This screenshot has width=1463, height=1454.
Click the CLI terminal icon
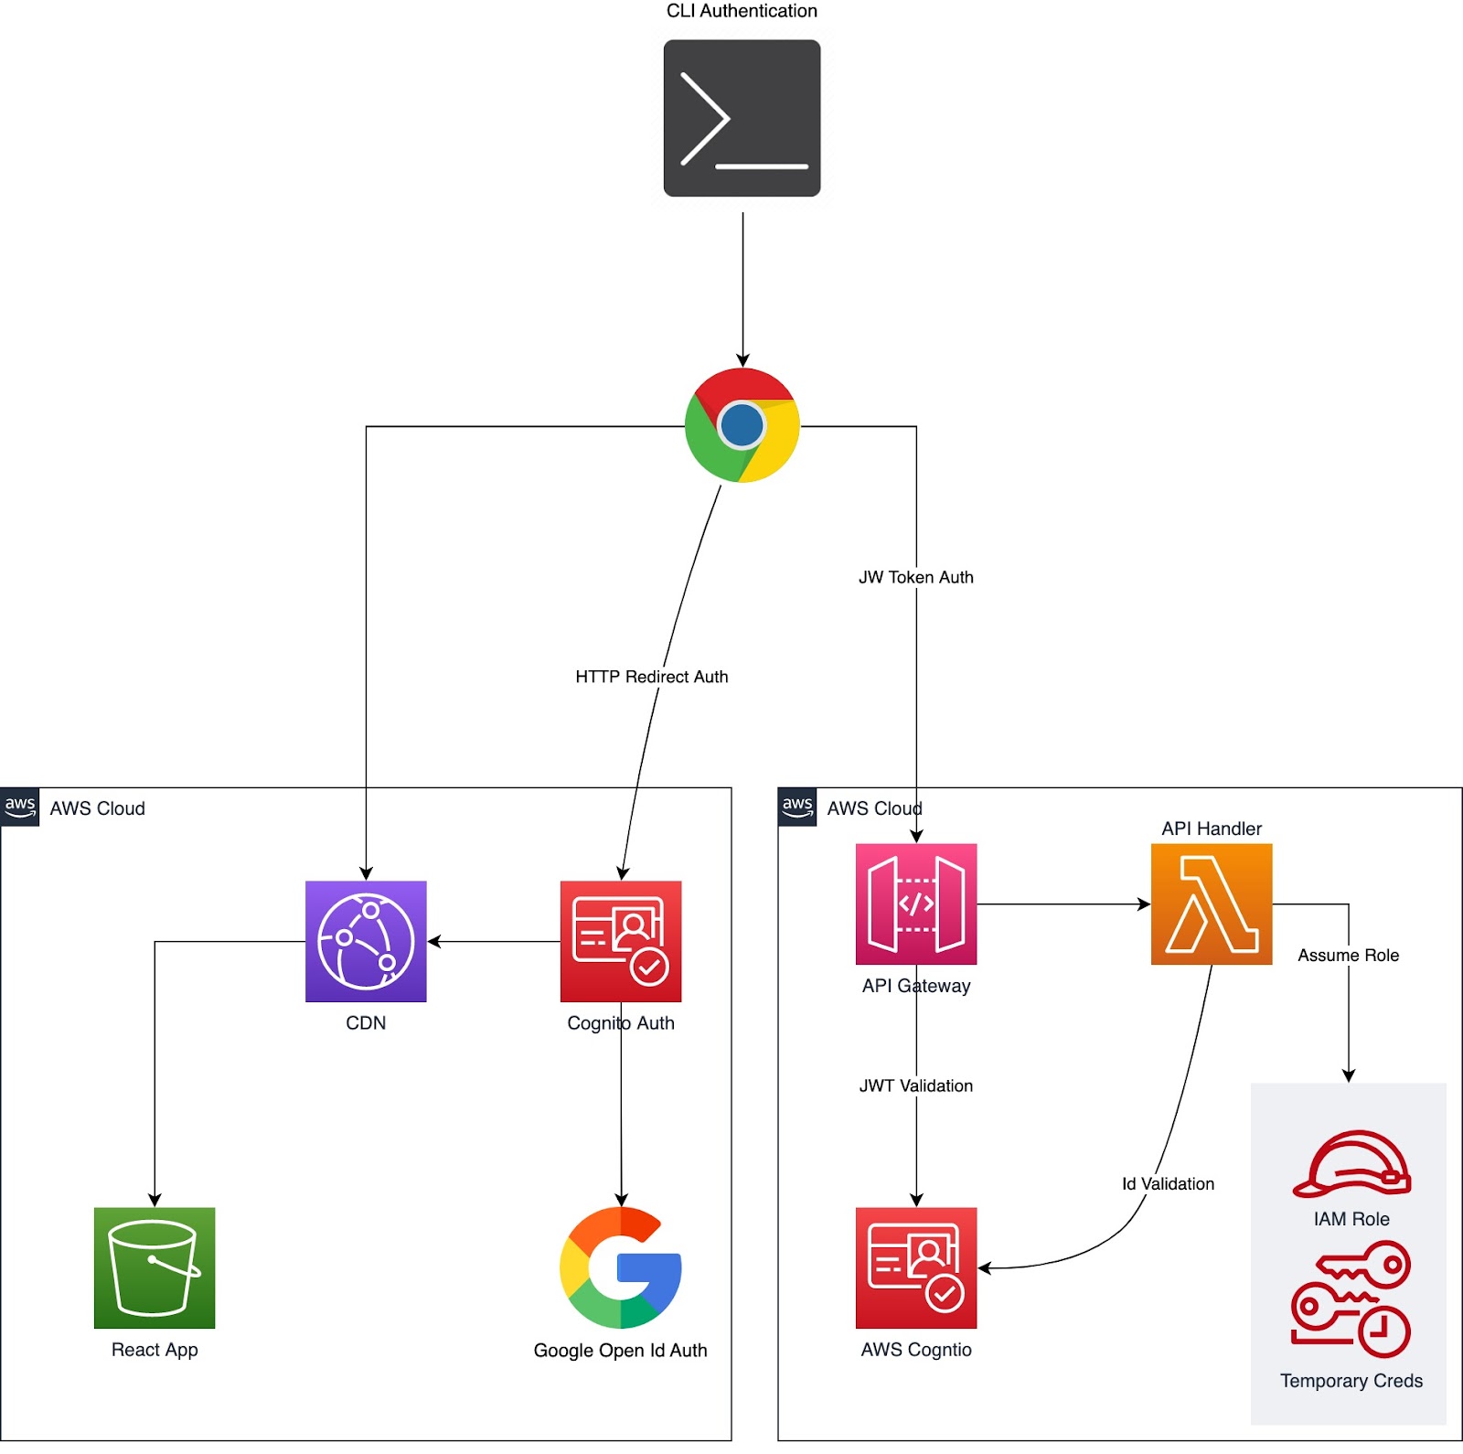pyautogui.click(x=742, y=118)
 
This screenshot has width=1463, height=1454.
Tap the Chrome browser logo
pyautogui.click(x=742, y=425)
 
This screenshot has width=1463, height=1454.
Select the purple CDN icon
pyautogui.click(x=366, y=941)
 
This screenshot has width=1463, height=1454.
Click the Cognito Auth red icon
pyautogui.click(x=621, y=941)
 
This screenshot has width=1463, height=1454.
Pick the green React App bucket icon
pyautogui.click(x=155, y=1267)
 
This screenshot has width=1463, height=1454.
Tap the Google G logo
pyautogui.click(x=621, y=1267)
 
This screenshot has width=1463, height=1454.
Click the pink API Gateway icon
pyautogui.click(x=916, y=903)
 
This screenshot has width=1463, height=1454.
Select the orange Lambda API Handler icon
pyautogui.click(x=1212, y=903)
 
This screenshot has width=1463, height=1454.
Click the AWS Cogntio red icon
pyautogui.click(x=916, y=1267)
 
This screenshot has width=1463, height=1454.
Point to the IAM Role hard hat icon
pyautogui.click(x=1351, y=1164)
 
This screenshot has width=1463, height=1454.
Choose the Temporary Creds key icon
pyautogui.click(x=1351, y=1299)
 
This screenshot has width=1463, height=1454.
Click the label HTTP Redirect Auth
pyautogui.click(x=652, y=677)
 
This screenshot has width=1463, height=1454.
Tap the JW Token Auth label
pyautogui.click(x=916, y=577)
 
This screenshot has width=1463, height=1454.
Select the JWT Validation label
pyautogui.click(x=916, y=1085)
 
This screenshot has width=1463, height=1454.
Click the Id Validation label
pyautogui.click(x=1169, y=1183)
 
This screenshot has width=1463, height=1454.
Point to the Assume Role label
pyautogui.click(x=1349, y=955)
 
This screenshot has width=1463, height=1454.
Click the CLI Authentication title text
pyautogui.click(x=742, y=11)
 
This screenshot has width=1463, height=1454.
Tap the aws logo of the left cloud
pyautogui.click(x=20, y=807)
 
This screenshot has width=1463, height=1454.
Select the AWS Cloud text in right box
pyautogui.click(x=874, y=808)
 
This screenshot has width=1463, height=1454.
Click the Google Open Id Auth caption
pyautogui.click(x=621, y=1350)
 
